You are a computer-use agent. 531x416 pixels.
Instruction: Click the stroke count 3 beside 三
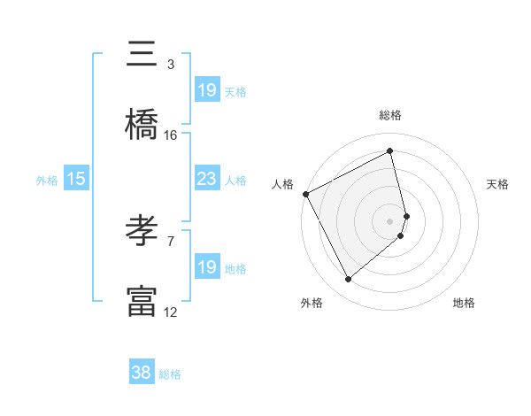point(171,65)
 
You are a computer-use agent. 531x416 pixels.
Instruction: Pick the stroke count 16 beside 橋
point(171,135)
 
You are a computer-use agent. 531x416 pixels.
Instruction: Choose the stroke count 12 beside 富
point(171,312)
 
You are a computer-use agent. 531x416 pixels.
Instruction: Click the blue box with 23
point(206,179)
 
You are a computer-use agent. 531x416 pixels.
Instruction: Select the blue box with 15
point(76,179)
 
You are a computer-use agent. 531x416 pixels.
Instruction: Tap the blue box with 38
point(142,373)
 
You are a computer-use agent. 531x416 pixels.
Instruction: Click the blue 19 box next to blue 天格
point(206,89)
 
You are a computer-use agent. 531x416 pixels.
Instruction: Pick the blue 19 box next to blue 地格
point(206,266)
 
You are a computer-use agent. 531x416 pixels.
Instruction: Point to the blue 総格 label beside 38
point(170,374)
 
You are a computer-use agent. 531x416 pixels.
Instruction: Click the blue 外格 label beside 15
point(47,180)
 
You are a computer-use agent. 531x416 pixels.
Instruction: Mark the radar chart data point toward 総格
point(390,151)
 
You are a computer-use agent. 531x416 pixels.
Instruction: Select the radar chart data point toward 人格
point(305,194)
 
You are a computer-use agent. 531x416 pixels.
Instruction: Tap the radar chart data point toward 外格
point(348,280)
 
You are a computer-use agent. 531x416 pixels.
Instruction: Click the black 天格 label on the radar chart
point(497,184)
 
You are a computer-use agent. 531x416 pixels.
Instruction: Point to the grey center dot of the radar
point(390,219)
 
